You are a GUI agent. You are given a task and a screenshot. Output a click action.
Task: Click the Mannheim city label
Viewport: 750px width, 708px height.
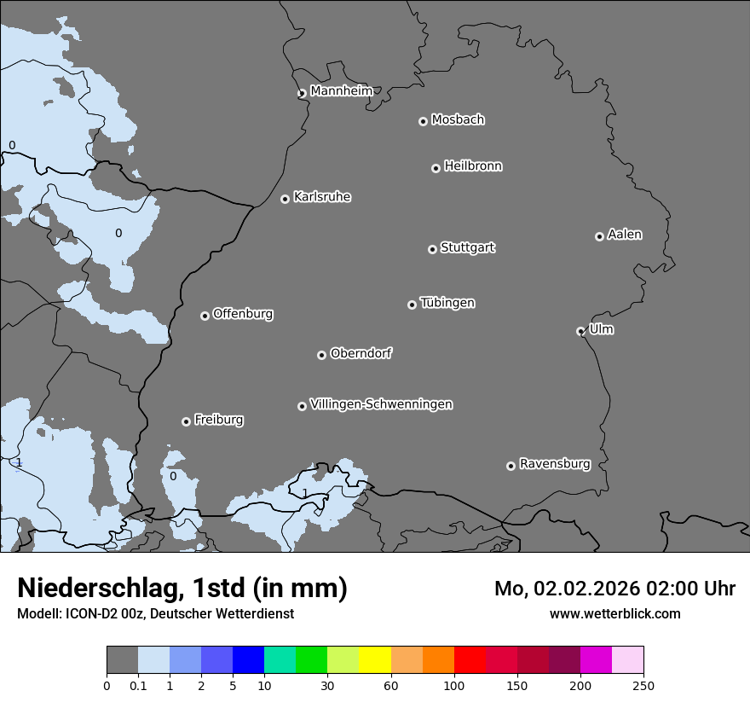[341, 91]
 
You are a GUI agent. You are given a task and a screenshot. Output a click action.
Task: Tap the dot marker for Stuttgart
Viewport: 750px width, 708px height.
[432, 249]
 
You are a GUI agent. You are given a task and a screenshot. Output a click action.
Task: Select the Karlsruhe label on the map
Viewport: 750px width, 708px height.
[322, 197]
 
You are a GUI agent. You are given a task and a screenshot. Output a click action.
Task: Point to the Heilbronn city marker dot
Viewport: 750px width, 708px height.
[436, 168]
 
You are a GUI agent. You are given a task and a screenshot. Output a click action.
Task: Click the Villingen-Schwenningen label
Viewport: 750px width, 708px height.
[381, 404]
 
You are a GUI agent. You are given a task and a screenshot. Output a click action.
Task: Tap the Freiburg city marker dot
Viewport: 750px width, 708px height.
[186, 421]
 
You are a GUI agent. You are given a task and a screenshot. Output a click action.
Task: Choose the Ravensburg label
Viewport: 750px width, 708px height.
[555, 464]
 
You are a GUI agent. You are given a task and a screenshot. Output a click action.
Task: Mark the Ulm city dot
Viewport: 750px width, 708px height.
[580, 331]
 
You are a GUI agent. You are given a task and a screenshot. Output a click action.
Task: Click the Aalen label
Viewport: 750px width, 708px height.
[625, 235]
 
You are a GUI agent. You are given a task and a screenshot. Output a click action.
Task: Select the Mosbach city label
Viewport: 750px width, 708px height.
[458, 120]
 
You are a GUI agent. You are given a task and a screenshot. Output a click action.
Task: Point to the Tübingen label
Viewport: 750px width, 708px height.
[447, 303]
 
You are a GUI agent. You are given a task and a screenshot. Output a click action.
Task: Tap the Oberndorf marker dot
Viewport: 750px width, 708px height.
[321, 355]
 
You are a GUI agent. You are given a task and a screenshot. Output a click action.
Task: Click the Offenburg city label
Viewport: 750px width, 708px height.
[243, 314]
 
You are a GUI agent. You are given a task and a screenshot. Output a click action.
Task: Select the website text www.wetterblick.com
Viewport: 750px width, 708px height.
[614, 613]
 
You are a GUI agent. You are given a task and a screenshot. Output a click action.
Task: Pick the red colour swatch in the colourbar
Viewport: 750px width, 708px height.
[470, 660]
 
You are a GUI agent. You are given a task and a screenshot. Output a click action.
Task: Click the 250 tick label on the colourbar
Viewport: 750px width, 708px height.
[643, 685]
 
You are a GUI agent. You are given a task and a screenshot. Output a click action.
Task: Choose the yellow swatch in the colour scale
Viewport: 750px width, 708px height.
[375, 660]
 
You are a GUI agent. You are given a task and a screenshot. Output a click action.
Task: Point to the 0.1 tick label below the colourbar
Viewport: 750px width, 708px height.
[138, 685]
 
